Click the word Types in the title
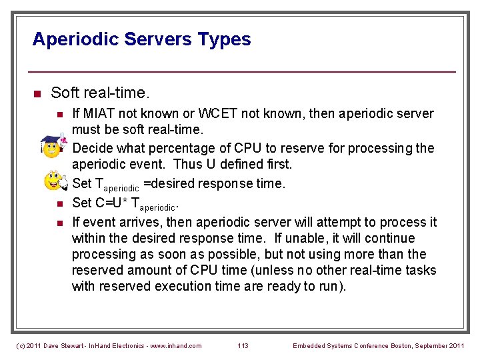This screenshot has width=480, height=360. [224, 39]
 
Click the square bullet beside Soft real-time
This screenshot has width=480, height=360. [37, 93]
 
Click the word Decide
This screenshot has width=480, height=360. [91, 148]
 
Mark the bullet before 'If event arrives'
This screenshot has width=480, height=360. [59, 222]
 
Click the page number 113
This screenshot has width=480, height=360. [243, 345]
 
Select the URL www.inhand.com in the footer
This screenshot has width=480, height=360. [176, 345]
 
